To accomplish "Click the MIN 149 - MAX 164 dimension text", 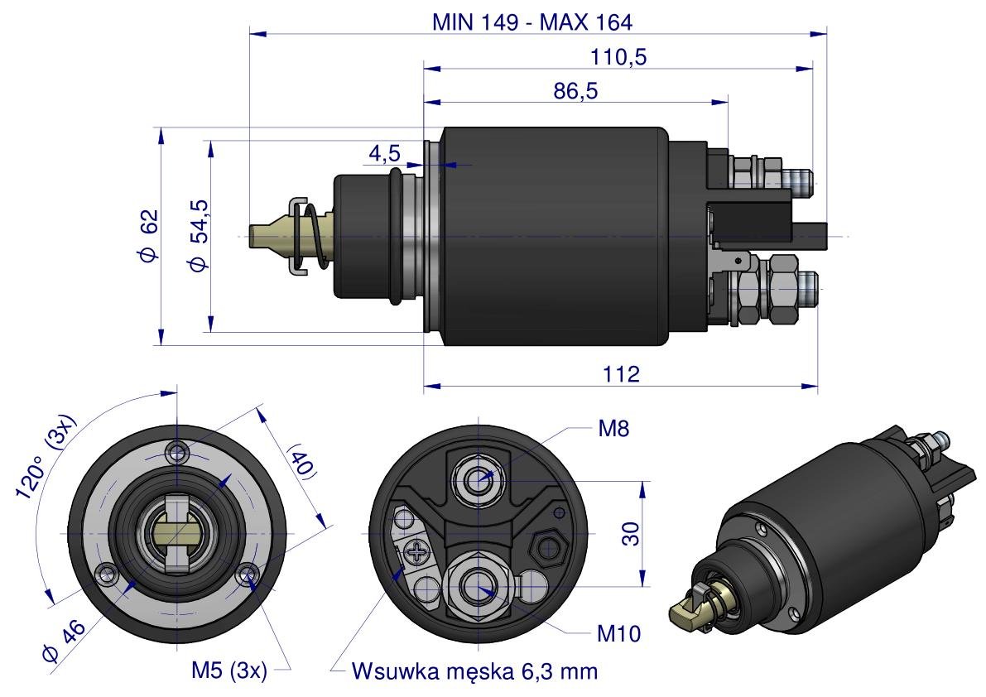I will point(531,22).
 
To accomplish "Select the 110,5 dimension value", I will point(619,57).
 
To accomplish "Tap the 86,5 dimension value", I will point(575,91).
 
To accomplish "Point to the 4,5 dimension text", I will point(384,153).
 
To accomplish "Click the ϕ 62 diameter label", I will point(148,236).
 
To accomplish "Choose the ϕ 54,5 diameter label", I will point(198,236).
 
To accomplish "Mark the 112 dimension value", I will point(622,374).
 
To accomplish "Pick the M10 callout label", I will point(619,634).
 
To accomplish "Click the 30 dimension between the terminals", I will point(631,534).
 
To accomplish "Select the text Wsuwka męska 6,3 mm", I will point(474,671).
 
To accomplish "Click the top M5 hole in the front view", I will point(176,451).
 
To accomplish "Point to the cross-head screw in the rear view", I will point(416,550).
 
